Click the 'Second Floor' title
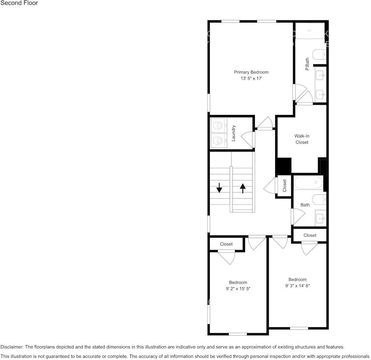point(19,3)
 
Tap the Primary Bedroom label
point(251,72)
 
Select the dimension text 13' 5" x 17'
point(251,78)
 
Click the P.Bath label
point(307,64)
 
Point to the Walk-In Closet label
point(302,139)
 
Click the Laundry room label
point(233,133)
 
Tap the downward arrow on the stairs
point(219,187)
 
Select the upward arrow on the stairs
point(242,189)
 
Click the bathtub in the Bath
point(308,183)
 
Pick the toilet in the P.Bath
point(319,55)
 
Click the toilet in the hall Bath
point(319,199)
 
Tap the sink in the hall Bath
point(321,218)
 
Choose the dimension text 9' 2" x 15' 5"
point(238,289)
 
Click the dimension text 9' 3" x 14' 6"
point(297,286)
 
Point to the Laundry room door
point(248,139)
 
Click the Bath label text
point(305,205)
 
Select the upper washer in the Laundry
point(218,125)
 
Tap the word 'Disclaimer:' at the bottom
point(12,347)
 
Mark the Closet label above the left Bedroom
point(226,244)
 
